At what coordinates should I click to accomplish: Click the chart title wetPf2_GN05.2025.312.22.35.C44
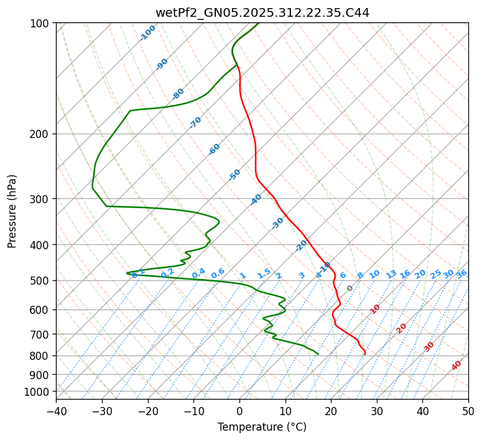pyautogui.click(x=262, y=12)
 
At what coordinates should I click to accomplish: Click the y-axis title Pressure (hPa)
pyautogui.click(x=12, y=211)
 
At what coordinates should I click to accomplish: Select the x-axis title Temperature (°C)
pyautogui.click(x=262, y=427)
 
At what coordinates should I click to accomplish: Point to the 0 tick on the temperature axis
pyautogui.click(x=239, y=411)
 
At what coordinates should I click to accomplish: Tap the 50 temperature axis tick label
pyautogui.click(x=468, y=411)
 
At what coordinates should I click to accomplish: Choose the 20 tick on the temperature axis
pyautogui.click(x=331, y=411)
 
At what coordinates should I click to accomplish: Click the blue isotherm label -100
pyautogui.click(x=148, y=33)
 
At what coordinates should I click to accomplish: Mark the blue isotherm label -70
pyautogui.click(x=195, y=122)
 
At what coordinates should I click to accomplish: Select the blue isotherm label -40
pyautogui.click(x=256, y=199)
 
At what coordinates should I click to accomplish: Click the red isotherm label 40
pyautogui.click(x=457, y=365)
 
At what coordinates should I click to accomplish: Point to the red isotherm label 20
pyautogui.click(x=401, y=328)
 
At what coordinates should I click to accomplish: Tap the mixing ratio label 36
pyautogui.click(x=461, y=273)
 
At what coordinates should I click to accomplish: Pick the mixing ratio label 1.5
pyautogui.click(x=264, y=273)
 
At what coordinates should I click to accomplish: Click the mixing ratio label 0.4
pyautogui.click(x=198, y=273)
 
